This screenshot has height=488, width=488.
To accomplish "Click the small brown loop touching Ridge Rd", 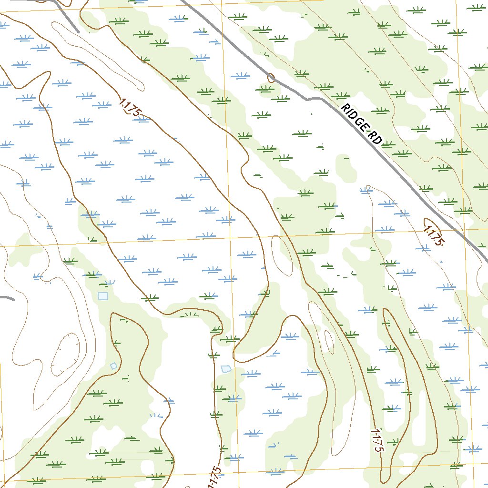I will tap(271, 77).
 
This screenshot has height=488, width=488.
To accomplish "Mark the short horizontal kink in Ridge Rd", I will tap(313, 99).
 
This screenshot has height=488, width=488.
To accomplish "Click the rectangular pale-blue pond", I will tap(103, 296).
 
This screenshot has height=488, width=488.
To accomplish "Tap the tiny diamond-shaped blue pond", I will tap(113, 366).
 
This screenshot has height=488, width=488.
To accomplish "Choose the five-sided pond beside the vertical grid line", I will tap(226, 369).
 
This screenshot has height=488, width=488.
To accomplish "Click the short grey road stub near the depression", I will tap(7, 299).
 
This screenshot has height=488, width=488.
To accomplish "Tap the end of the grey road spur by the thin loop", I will tap(78, 31).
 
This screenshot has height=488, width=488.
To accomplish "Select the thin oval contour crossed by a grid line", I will tap(282, 255).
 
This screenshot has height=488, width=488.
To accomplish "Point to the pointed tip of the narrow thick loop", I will tap(385, 310).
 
